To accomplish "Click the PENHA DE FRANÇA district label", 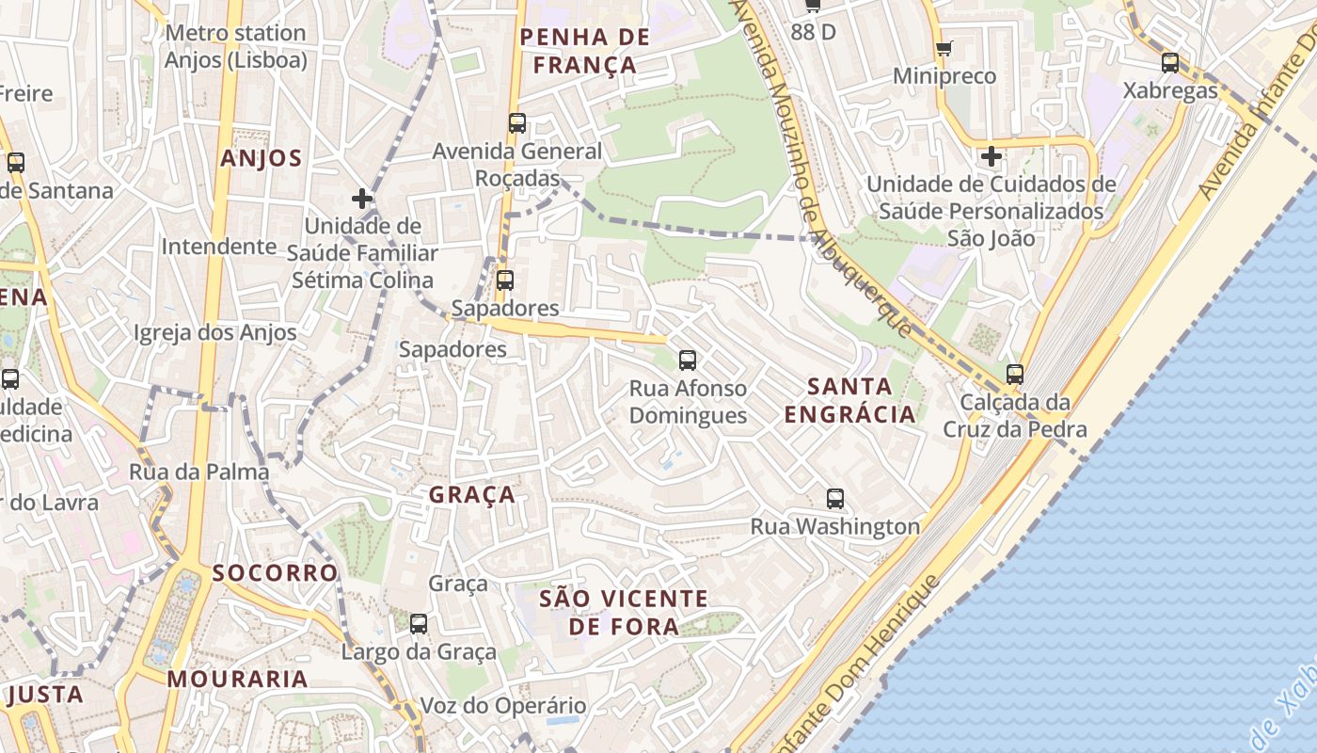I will point(584,51).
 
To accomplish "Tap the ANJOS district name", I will point(262,158).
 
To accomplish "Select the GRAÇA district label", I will point(472,494).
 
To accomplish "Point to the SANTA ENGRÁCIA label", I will point(849,400).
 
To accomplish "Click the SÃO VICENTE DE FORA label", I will point(624,612).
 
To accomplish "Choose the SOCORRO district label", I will point(275,572).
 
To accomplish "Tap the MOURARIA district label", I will point(238,679).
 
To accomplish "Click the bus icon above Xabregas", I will point(1169,63).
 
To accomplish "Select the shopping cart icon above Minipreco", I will point(944,48).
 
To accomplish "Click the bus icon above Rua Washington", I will point(834,499).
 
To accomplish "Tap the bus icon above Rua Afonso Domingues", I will point(688,360).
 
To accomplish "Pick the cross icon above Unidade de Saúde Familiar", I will point(362,199).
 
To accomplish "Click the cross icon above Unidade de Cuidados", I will point(991,155).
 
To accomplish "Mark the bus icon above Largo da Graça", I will point(419,623).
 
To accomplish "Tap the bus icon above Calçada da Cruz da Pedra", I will point(1014,374).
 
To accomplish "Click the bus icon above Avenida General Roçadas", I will point(516,122).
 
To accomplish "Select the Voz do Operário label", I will point(502,705).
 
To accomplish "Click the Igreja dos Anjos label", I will point(214,332).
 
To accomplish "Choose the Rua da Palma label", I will point(199,472).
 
